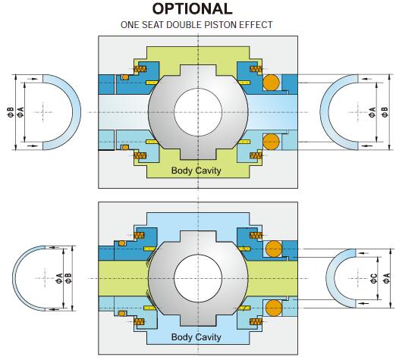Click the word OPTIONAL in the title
[x=192, y=8]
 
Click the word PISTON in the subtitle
[x=221, y=25]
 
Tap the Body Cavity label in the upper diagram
[x=196, y=171]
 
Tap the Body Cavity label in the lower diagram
[x=196, y=337]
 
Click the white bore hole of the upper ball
[x=198, y=112]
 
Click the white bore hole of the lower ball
[x=198, y=278]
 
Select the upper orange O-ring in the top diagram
[x=272, y=83]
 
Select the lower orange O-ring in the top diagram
[x=272, y=142]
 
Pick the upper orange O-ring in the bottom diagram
[x=274, y=249]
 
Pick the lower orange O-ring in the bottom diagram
[x=274, y=308]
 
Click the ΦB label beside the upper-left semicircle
[x=11, y=112]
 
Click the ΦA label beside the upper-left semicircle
[x=20, y=112]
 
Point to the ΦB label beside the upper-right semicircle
[x=385, y=112]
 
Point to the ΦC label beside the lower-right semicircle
[x=374, y=279]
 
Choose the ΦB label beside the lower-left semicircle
[x=68, y=278]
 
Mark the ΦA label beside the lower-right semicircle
[x=387, y=279]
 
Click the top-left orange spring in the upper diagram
[x=140, y=69]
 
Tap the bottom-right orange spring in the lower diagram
[x=256, y=322]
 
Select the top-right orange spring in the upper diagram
[x=256, y=69]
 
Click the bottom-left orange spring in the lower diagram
[x=139, y=322]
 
